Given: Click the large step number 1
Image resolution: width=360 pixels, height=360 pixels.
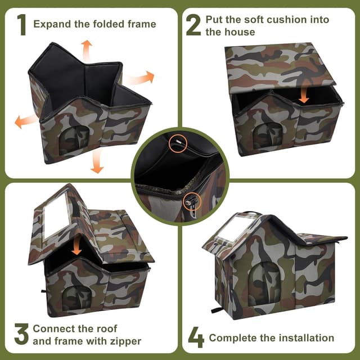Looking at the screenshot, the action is pyautogui.click(x=22, y=25).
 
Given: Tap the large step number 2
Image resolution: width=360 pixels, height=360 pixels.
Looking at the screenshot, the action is pyautogui.click(x=193, y=25).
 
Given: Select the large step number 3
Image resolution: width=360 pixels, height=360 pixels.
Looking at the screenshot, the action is pyautogui.click(x=21, y=334).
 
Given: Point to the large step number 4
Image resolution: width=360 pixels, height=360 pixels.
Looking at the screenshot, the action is pyautogui.click(x=196, y=337).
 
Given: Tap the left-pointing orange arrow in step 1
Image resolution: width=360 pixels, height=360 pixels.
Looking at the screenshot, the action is pyautogui.click(x=26, y=121).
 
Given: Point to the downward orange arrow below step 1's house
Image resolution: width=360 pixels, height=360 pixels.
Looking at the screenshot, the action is pyautogui.click(x=97, y=161).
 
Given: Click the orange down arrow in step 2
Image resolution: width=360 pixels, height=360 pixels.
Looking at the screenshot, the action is pyautogui.click(x=304, y=95).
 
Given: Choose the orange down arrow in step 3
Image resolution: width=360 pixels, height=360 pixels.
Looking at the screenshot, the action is pyautogui.click(x=76, y=249).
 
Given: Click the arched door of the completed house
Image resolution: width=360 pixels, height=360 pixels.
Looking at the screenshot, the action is pyautogui.click(x=265, y=283).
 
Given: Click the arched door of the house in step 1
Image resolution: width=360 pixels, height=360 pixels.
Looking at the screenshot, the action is pyautogui.click(x=74, y=140).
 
